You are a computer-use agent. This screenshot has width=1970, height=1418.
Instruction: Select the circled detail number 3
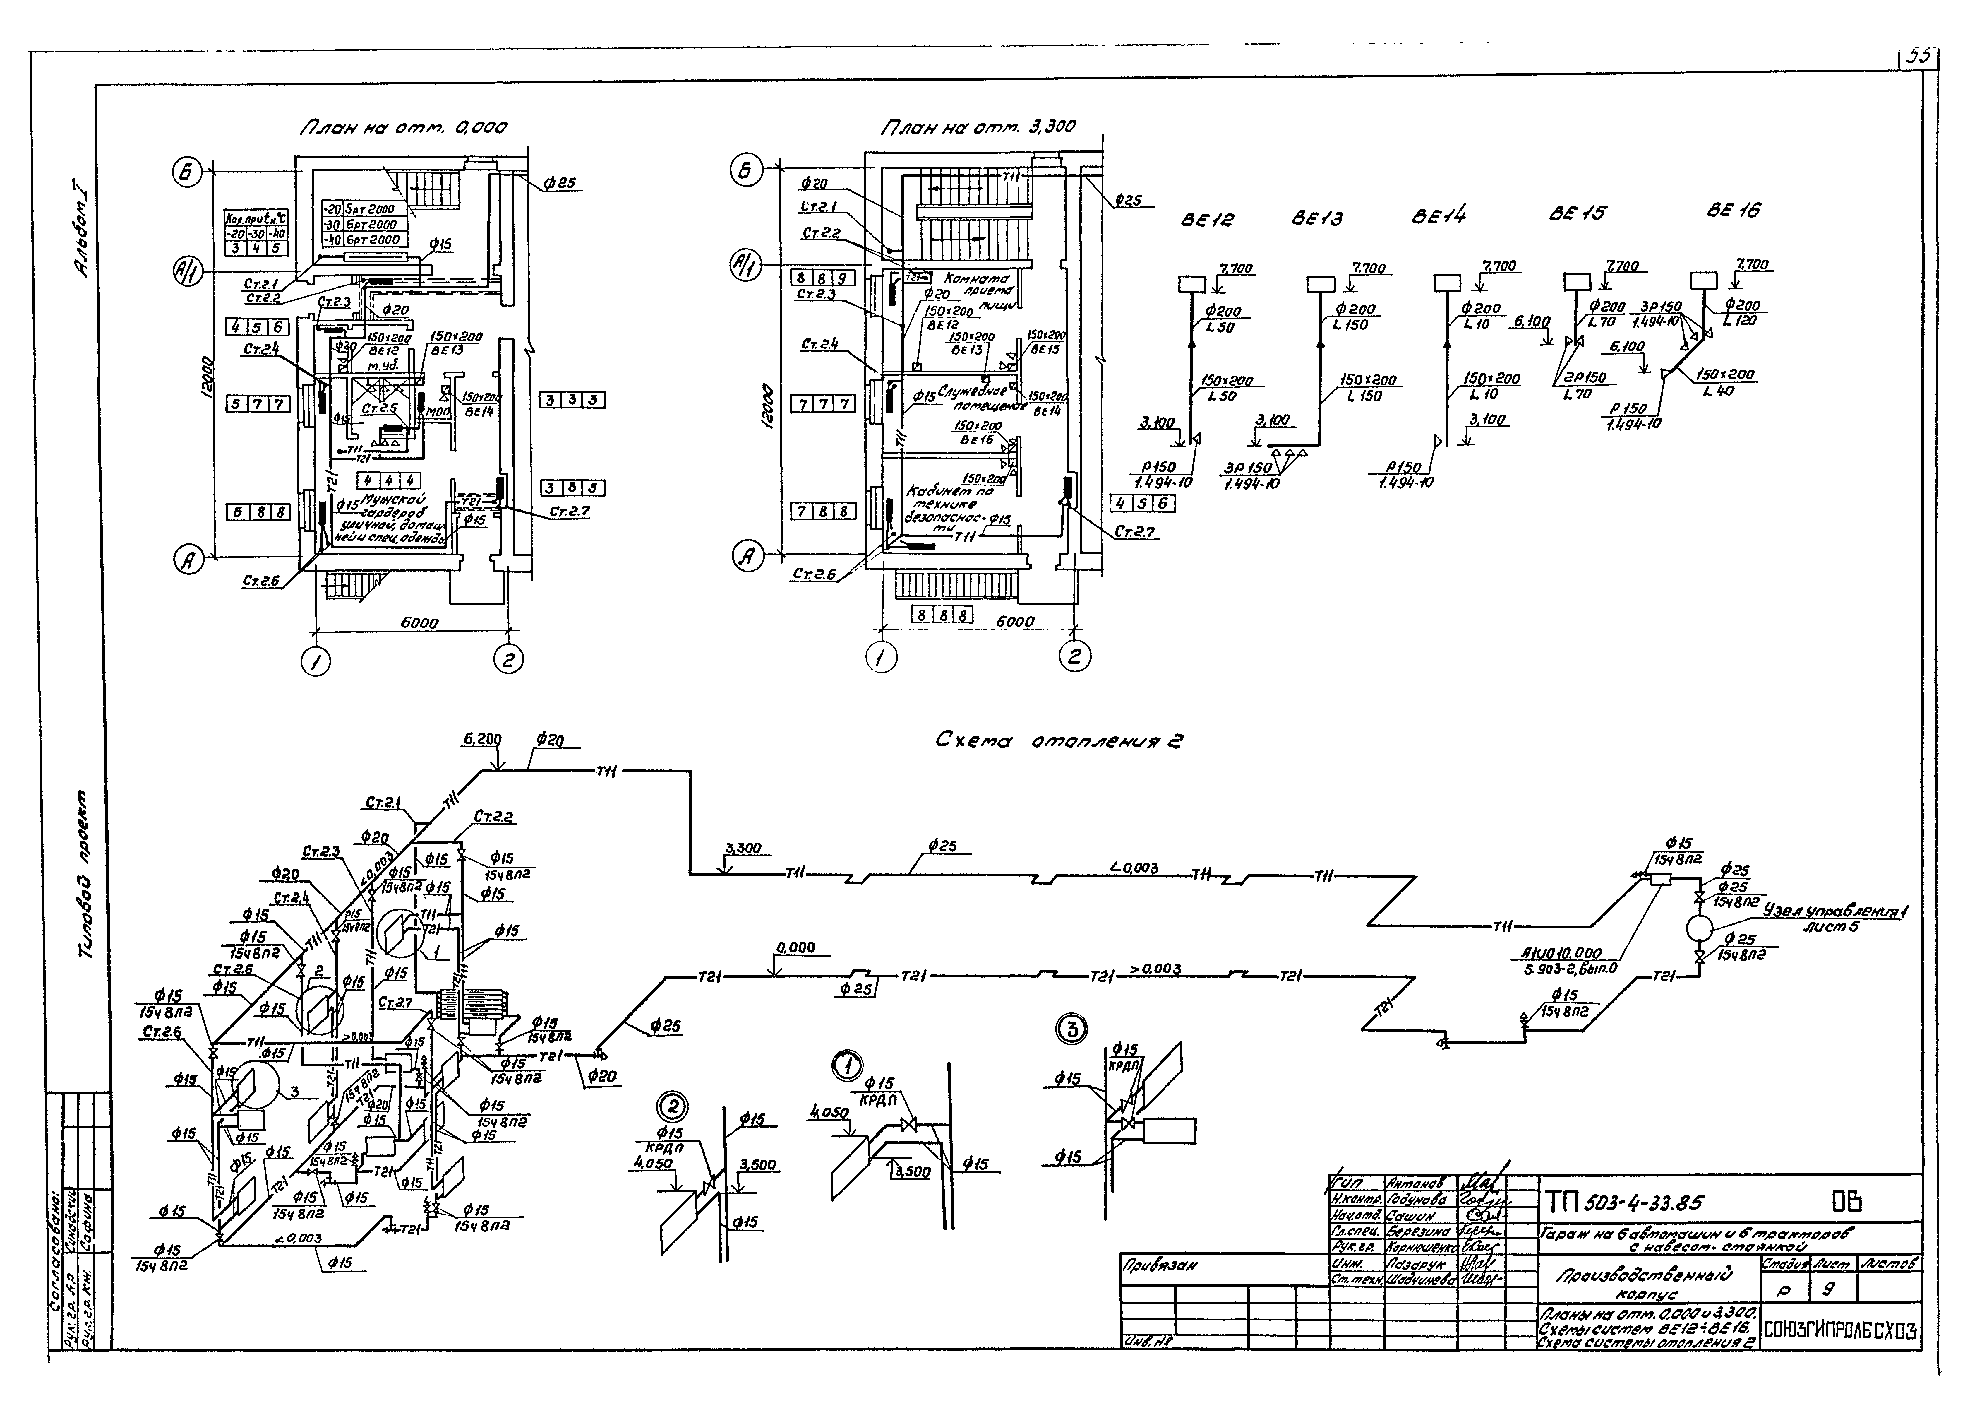point(1072,1030)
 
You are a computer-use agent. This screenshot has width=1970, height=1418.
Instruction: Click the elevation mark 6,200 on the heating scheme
point(482,739)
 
